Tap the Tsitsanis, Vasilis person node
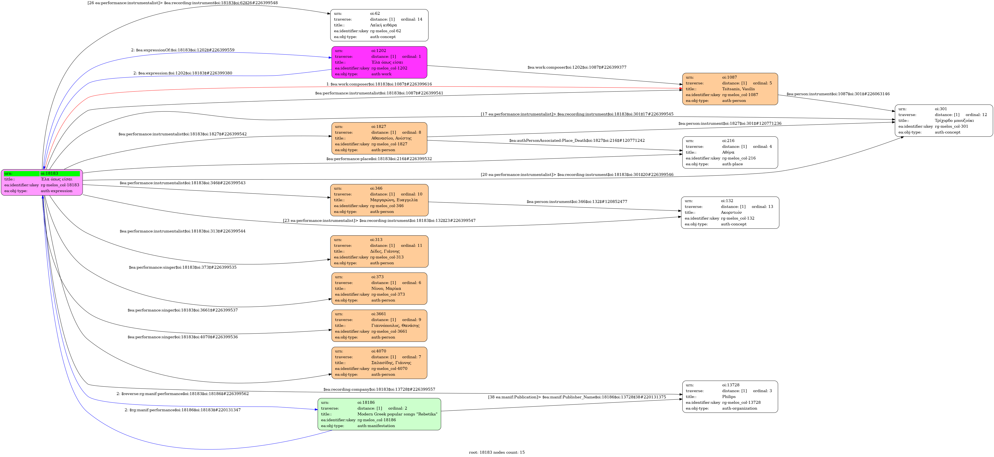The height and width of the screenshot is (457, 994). pos(730,89)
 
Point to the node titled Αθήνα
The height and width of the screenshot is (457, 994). pos(730,152)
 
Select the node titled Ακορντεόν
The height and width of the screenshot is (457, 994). pos(730,212)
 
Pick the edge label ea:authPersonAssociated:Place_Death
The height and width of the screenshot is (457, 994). pos(577,140)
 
